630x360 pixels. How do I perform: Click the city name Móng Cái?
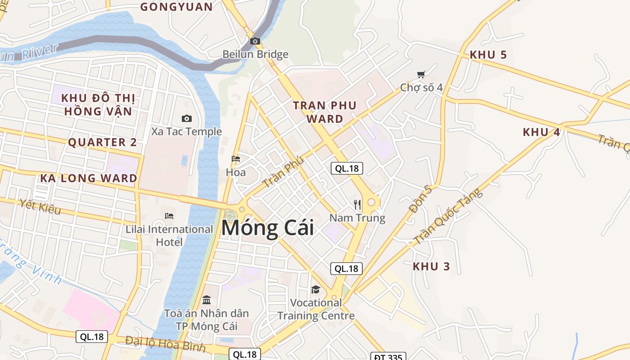(x=267, y=228)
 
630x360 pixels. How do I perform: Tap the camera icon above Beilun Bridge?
(x=255, y=41)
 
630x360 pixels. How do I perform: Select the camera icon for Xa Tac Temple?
(x=186, y=118)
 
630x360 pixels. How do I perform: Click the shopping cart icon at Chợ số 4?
(x=421, y=75)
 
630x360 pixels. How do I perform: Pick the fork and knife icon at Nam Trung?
(x=357, y=205)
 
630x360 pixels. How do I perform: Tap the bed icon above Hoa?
(x=235, y=159)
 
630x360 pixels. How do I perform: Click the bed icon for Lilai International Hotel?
(x=169, y=216)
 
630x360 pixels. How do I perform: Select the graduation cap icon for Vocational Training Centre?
(x=315, y=289)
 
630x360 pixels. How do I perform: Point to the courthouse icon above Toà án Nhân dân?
(x=207, y=300)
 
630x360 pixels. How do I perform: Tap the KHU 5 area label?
(x=488, y=55)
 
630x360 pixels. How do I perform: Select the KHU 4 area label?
(x=541, y=132)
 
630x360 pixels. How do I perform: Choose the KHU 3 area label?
(x=431, y=266)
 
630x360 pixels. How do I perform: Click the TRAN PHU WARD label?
(x=324, y=112)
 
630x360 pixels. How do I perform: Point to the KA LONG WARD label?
(x=89, y=178)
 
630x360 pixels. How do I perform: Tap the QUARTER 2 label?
(x=102, y=143)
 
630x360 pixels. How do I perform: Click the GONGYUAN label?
(x=176, y=7)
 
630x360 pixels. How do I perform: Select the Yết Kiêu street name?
(x=40, y=207)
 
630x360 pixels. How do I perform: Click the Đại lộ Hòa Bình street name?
(x=165, y=344)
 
